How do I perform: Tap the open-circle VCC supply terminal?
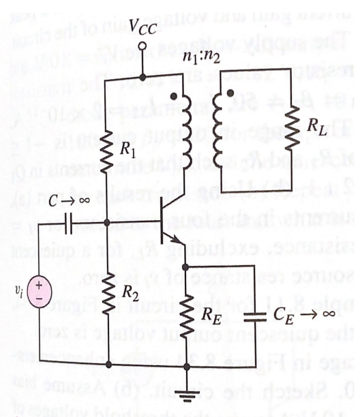tap(142, 48)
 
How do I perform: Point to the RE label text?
tap(217, 314)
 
